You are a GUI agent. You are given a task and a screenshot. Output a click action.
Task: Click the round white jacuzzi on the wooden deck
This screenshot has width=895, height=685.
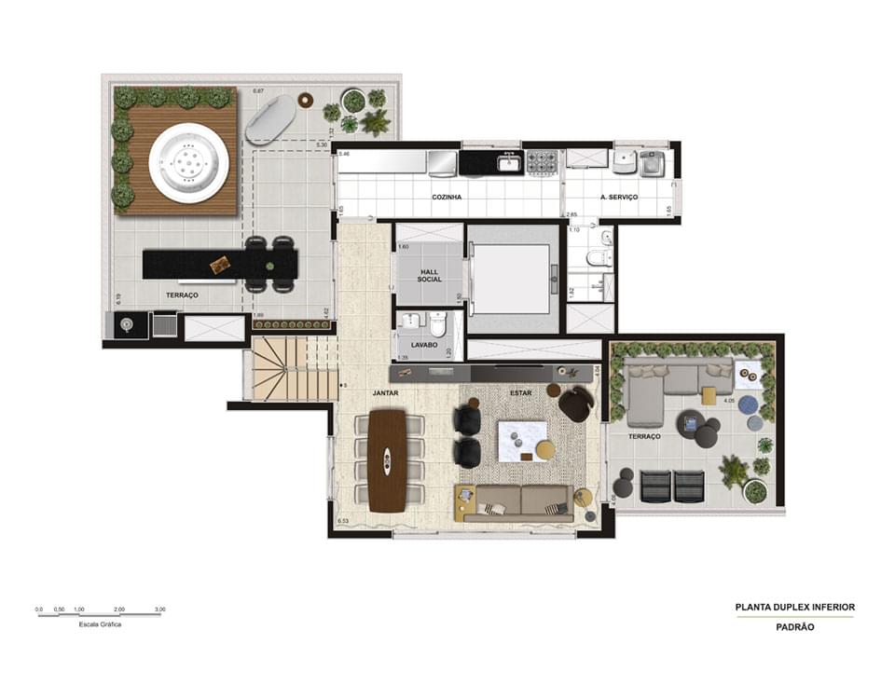(189, 163)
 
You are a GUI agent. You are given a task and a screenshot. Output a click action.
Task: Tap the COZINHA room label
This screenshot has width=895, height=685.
(447, 198)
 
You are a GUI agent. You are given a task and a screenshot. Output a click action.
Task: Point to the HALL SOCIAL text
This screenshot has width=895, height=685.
(430, 276)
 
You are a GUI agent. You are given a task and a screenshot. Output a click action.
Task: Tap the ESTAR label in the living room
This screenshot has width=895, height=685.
(519, 394)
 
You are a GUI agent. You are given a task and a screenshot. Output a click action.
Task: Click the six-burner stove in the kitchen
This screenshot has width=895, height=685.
(542, 163)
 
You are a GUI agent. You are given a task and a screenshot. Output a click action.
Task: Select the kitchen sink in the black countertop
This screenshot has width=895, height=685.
(508, 164)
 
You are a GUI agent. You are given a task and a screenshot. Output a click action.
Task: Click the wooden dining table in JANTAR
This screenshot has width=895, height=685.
(387, 460)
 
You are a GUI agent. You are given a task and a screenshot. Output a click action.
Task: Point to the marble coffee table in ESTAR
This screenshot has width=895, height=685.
(520, 440)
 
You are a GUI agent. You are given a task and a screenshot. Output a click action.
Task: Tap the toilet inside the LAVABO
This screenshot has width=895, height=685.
(438, 324)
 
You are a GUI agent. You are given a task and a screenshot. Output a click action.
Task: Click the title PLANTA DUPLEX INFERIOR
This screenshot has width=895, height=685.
(794, 607)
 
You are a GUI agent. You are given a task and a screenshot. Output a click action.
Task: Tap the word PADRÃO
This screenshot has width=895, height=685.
(794, 627)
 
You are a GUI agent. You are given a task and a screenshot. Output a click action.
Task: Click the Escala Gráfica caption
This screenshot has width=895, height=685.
(100, 624)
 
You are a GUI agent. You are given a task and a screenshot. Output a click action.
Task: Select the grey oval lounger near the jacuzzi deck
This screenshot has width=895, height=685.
(270, 120)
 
